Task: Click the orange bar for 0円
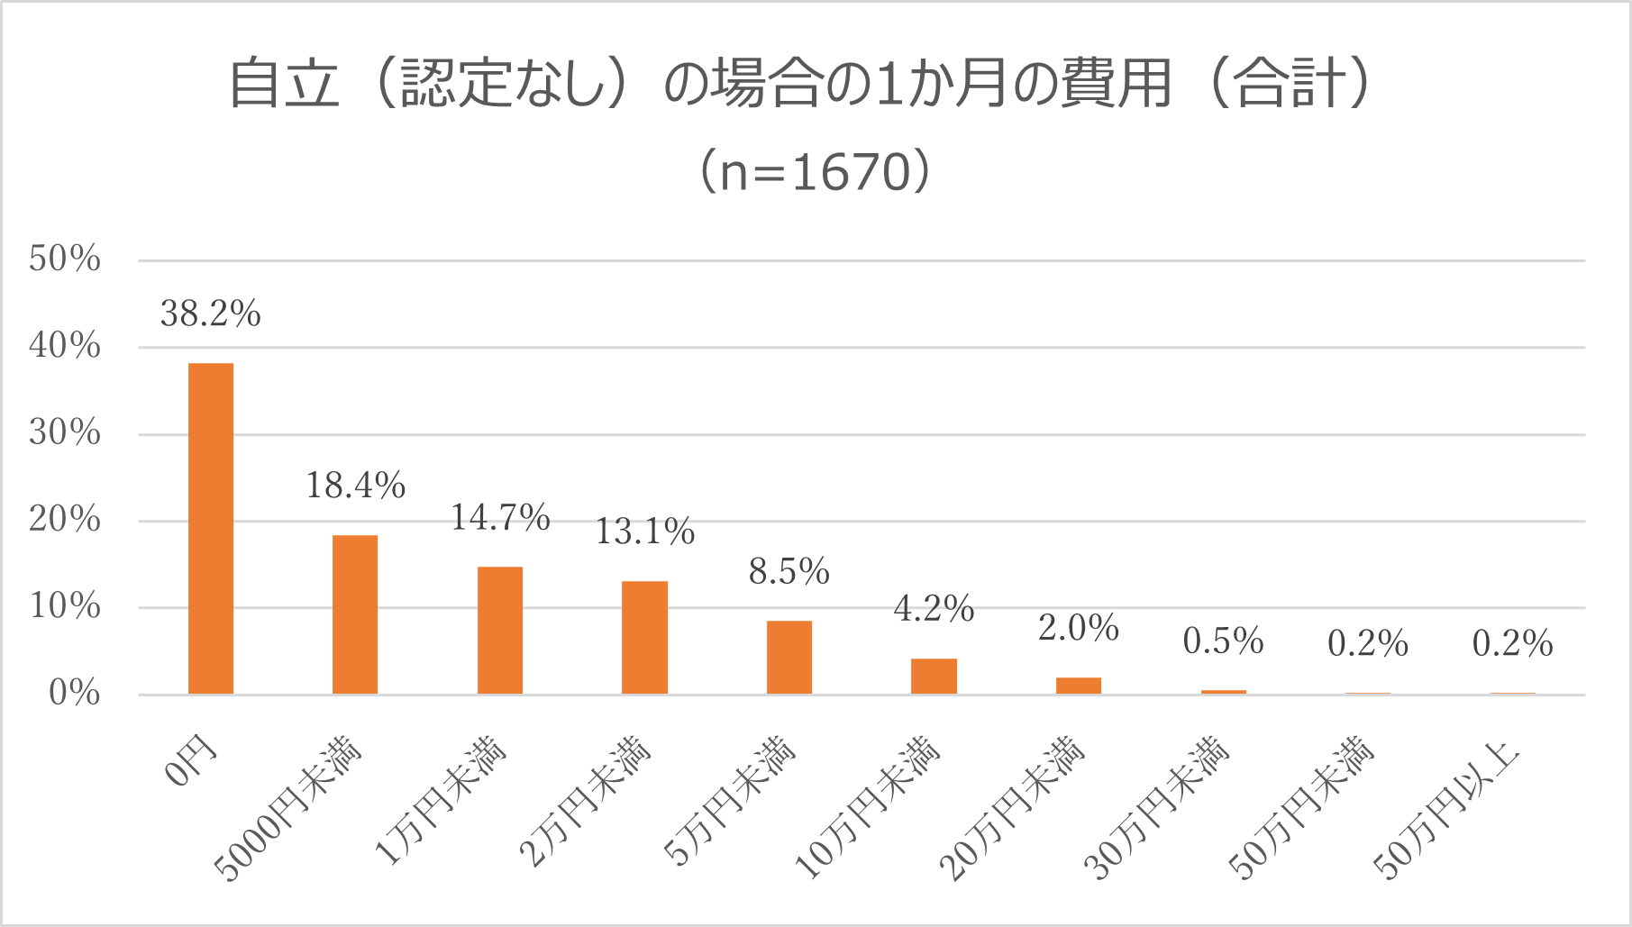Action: click(211, 528)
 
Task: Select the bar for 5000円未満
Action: click(355, 614)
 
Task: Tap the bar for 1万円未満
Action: click(500, 631)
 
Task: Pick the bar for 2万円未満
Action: click(644, 638)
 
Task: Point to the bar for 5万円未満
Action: click(789, 658)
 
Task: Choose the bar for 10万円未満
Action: click(934, 677)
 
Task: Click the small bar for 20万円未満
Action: click(1079, 686)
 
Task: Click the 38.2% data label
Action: click(211, 314)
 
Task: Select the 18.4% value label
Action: click(356, 486)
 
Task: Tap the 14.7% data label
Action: click(500, 518)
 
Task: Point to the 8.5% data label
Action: click(789, 572)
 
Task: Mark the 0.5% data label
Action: click(1223, 641)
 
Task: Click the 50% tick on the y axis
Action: click(65, 259)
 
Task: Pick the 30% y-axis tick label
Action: click(65, 433)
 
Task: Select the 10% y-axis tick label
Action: click(65, 606)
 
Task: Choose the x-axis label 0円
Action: click(192, 760)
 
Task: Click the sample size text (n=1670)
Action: click(815, 171)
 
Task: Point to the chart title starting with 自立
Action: click(800, 84)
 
